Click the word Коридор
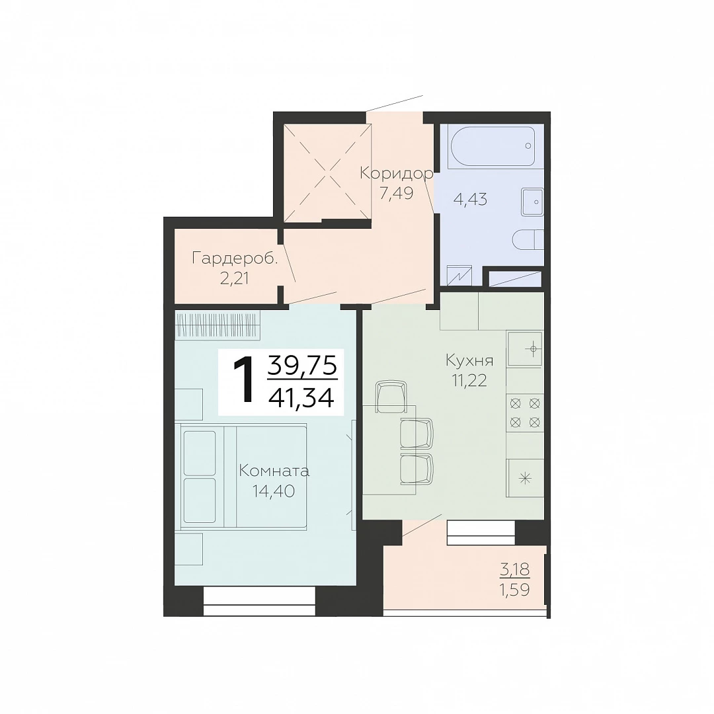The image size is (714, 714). [x=396, y=173]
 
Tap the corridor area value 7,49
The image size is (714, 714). [x=396, y=194]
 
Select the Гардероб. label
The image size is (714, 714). [x=235, y=259]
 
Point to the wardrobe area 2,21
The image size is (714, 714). [x=234, y=278]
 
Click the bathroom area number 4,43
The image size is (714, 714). [x=471, y=199]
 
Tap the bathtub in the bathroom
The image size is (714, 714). [x=493, y=145]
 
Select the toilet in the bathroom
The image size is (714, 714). [x=528, y=239]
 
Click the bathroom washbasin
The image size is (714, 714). [x=532, y=202]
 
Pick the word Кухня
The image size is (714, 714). [x=469, y=361]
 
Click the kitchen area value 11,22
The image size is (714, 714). [x=469, y=380]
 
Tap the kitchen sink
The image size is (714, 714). [x=525, y=349]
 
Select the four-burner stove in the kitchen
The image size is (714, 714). [x=525, y=413]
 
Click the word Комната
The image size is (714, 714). [x=274, y=471]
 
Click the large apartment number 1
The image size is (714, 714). [x=243, y=379]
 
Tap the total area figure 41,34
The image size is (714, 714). [x=301, y=397]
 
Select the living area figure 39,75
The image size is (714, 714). [x=302, y=366]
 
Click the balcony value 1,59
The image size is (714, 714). [x=516, y=590]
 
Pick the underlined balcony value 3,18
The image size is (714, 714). [x=516, y=569]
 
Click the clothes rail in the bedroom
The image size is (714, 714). [x=218, y=325]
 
